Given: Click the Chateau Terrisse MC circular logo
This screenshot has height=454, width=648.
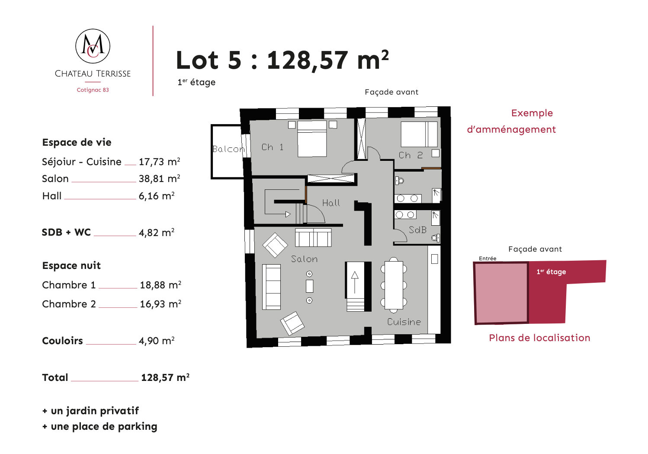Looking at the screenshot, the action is pyautogui.click(x=93, y=46).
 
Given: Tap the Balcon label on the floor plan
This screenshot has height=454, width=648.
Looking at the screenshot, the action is pyautogui.click(x=228, y=149).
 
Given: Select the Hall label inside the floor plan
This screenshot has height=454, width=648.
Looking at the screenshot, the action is pyautogui.click(x=331, y=203).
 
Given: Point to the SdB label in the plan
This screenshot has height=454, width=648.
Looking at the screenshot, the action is pyautogui.click(x=417, y=230).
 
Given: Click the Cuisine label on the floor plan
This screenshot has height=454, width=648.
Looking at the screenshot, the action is pyautogui.click(x=404, y=322).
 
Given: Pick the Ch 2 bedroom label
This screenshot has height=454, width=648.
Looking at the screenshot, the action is pyautogui.click(x=411, y=155).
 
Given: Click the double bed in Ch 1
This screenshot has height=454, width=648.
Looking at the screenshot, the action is pyautogui.click(x=312, y=139).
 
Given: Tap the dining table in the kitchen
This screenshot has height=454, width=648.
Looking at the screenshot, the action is pyautogui.click(x=394, y=285).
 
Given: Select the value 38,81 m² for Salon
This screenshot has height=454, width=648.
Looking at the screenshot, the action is pyautogui.click(x=159, y=179).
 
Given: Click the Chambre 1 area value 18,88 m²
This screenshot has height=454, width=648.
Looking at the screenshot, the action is pyautogui.click(x=160, y=285).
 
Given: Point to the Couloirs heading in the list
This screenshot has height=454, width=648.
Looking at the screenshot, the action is pyautogui.click(x=62, y=341).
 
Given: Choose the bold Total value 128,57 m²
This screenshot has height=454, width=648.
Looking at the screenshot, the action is pyautogui.click(x=165, y=377).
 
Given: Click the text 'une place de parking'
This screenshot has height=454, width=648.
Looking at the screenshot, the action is pyautogui.click(x=104, y=426).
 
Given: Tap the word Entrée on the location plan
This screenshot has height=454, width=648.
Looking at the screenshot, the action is pyautogui.click(x=488, y=259).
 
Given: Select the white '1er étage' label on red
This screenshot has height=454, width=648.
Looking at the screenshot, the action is pyautogui.click(x=551, y=272).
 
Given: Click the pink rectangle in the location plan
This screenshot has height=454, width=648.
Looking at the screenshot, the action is pyautogui.click(x=501, y=292).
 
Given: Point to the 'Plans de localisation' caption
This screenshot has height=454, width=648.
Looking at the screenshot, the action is pyautogui.click(x=539, y=338).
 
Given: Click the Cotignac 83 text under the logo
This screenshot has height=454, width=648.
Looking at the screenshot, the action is pyautogui.click(x=93, y=90).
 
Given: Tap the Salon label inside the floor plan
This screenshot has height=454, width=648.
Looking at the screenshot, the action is pyautogui.click(x=304, y=259).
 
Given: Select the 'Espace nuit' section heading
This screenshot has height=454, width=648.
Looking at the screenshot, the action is pyautogui.click(x=71, y=265).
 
